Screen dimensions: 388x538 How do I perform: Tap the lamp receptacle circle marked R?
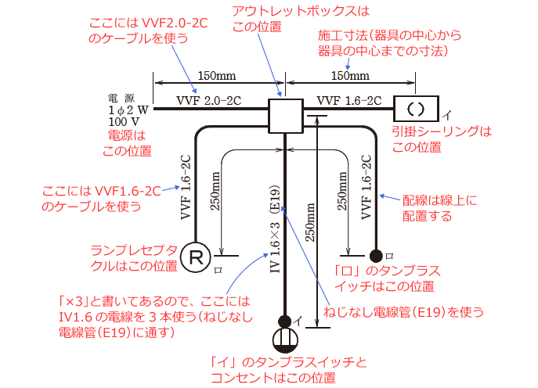[x=193, y=256]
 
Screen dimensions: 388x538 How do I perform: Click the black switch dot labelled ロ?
[x=377, y=255]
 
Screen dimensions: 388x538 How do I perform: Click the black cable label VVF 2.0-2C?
[x=210, y=101]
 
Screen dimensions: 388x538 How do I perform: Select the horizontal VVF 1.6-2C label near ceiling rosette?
[x=349, y=101]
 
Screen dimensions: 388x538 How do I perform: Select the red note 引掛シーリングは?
[x=442, y=131]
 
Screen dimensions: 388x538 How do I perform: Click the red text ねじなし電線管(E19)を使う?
[x=403, y=311]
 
